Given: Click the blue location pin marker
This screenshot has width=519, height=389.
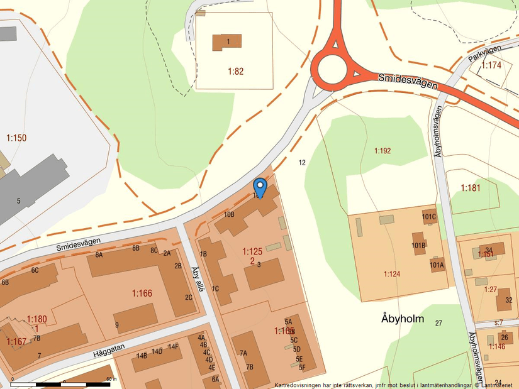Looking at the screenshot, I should (260, 187).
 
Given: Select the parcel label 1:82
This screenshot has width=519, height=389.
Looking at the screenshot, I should (235, 71).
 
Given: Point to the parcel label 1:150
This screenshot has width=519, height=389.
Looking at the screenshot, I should (16, 138).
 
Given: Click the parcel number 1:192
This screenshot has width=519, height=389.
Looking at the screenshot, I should (382, 151).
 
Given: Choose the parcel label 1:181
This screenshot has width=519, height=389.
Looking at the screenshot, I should (471, 187).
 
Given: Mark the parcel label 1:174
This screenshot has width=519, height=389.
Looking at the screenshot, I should (491, 65).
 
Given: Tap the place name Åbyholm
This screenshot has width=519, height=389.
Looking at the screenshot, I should (403, 319).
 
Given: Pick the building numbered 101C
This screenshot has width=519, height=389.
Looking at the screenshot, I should (429, 217).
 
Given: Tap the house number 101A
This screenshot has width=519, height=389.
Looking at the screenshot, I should (437, 265).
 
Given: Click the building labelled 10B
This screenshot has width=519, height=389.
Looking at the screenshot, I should (229, 215).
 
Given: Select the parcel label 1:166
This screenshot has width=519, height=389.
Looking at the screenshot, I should (142, 293).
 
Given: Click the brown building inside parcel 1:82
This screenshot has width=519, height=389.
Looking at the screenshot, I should (227, 42).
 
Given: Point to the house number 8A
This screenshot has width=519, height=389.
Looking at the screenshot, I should (99, 255).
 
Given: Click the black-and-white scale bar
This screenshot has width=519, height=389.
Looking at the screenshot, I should (60, 383).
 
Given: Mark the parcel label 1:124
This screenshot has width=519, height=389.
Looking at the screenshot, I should (392, 273).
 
